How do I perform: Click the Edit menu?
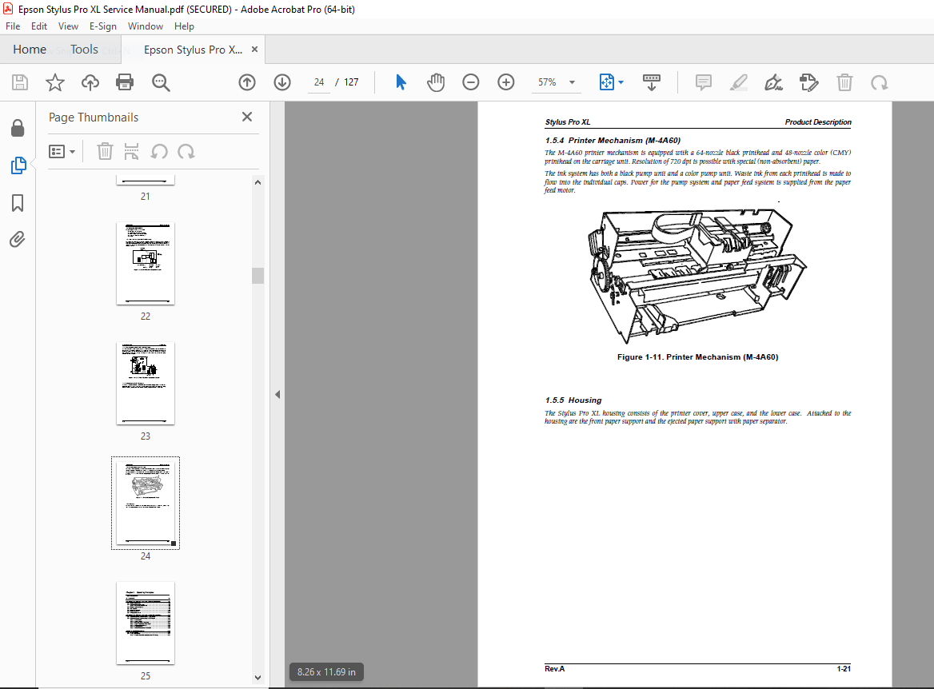[x=38, y=26]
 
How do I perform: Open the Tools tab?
[x=84, y=50]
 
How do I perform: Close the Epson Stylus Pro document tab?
[x=255, y=50]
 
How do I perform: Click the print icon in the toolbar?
[x=125, y=82]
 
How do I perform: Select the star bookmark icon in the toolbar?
[x=54, y=82]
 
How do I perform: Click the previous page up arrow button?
[x=247, y=82]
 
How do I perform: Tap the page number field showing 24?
[x=319, y=82]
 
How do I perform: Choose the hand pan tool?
[x=435, y=82]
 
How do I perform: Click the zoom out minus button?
[x=471, y=82]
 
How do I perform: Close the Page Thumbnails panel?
[x=247, y=117]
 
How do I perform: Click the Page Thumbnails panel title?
[x=94, y=117]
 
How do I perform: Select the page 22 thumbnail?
[x=146, y=263]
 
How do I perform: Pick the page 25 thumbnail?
[x=146, y=623]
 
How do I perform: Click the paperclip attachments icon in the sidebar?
[x=18, y=239]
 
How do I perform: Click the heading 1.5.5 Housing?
[x=573, y=400]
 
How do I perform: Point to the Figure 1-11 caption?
[x=697, y=357]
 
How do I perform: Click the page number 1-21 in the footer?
[x=844, y=668]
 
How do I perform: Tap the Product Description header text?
[x=818, y=122]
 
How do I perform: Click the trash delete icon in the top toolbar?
[x=845, y=82]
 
